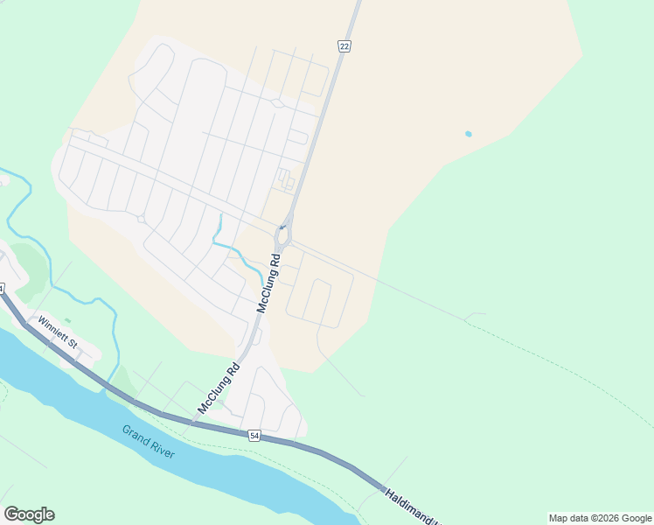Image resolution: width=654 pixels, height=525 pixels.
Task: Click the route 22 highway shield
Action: tap(344, 46)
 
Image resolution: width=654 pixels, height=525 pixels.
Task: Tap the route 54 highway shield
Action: tap(254, 435)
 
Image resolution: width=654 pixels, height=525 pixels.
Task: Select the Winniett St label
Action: tap(59, 333)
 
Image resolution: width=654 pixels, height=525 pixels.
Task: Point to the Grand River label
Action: tap(149, 442)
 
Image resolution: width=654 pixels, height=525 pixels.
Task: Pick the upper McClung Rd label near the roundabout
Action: tap(268, 283)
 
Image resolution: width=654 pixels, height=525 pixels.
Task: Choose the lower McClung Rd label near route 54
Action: tap(219, 388)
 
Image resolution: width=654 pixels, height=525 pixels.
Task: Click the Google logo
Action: tap(29, 514)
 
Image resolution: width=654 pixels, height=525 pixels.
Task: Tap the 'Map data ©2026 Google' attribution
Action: tap(601, 518)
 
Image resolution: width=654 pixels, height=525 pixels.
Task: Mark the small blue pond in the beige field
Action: tap(469, 134)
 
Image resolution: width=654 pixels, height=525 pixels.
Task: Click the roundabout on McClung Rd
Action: tap(283, 237)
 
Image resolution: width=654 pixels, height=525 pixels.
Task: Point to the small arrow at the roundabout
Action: tap(282, 227)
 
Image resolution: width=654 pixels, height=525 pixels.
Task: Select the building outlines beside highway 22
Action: tap(286, 180)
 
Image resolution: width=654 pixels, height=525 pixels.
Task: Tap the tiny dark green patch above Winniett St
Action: tap(67, 320)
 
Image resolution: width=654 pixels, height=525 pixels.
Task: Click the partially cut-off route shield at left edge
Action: tap(3, 289)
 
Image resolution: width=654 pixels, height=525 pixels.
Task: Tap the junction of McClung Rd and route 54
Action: tap(195, 423)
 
